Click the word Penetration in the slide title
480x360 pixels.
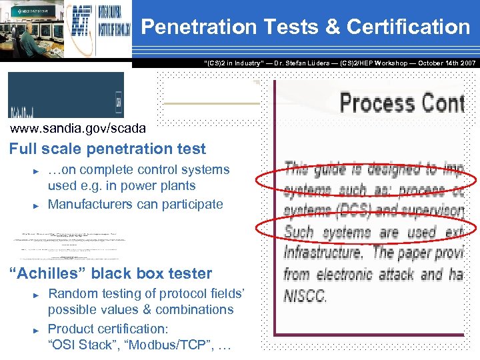(x=199, y=27)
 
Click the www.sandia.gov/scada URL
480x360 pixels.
(x=77, y=128)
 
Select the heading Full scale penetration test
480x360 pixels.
(x=107, y=149)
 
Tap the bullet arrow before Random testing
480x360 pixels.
(x=37, y=294)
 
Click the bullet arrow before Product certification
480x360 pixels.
(x=37, y=329)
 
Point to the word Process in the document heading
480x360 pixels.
(x=377, y=103)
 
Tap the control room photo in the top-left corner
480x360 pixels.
(x=33, y=30)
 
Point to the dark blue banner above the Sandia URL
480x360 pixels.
(x=65, y=95)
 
